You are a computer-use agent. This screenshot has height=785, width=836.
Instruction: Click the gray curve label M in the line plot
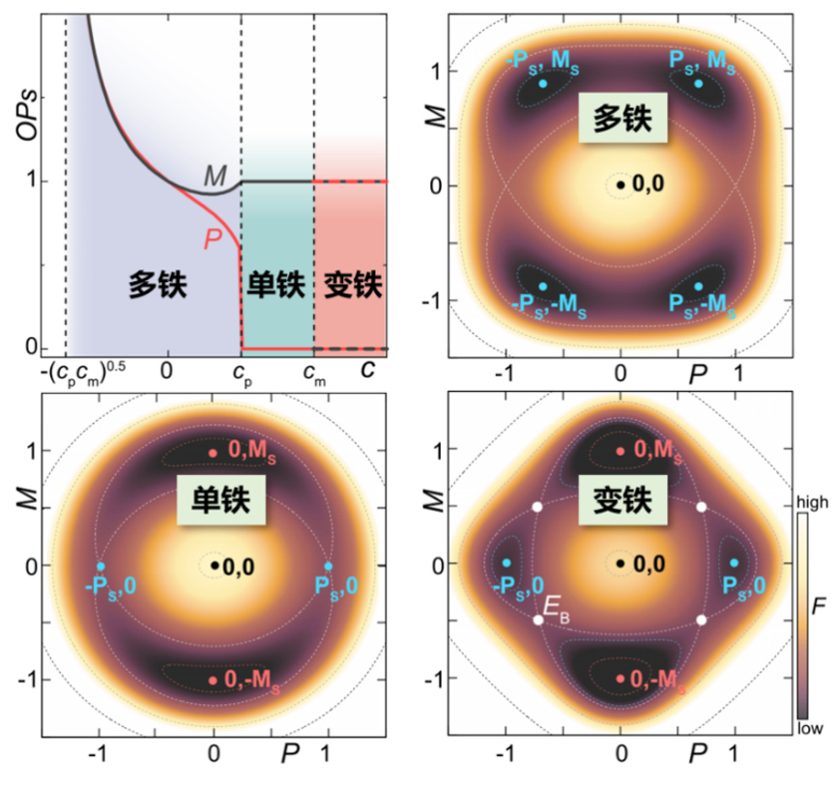[214, 175]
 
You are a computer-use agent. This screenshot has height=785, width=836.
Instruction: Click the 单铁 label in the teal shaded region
[274, 284]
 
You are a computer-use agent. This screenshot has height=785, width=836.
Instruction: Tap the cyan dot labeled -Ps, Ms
[542, 84]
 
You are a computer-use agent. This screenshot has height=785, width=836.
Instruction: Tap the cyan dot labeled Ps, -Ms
[699, 286]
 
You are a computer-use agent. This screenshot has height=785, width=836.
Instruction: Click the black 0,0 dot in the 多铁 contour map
[620, 182]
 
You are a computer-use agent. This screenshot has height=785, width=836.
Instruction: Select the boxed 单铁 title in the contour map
[215, 499]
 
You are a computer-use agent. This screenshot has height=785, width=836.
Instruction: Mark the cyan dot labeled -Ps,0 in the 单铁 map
[101, 566]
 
